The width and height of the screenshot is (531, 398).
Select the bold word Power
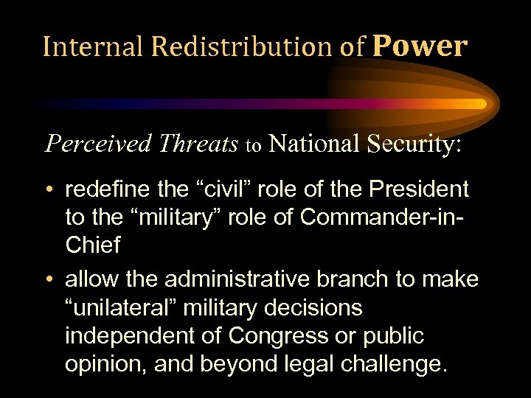(420, 46)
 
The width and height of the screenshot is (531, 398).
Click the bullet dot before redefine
(50, 190)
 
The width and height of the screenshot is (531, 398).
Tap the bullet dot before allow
(50, 280)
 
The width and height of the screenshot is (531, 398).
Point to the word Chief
(92, 245)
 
